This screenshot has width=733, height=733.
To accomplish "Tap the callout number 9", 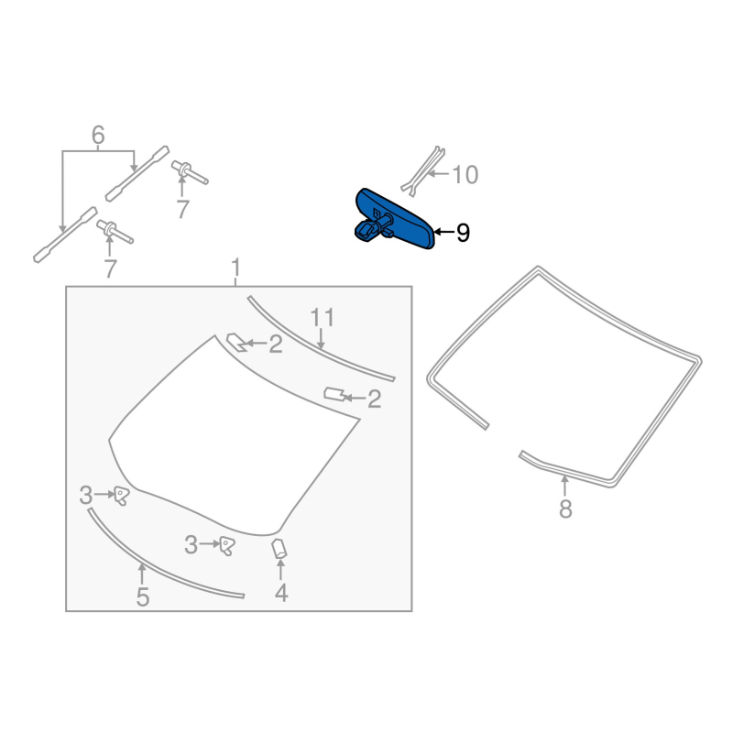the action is pos(463,233).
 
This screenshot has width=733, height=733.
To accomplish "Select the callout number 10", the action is pos(465,175).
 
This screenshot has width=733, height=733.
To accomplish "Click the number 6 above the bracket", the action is pos(98,135).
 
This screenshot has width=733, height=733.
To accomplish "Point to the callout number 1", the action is pos(235,268).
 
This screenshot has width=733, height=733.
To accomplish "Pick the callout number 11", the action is pos(323,318).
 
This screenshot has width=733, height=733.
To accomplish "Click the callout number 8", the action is pos(565,509).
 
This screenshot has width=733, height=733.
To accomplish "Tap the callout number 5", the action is pos(143,597).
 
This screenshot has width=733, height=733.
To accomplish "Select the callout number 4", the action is pos(281,593).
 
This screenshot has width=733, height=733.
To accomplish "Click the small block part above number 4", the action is pos(279,548).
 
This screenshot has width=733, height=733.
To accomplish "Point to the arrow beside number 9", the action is pos(443,232).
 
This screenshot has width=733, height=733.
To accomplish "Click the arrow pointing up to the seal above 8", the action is pos(564,486).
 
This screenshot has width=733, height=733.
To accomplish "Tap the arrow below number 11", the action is pos(322,339).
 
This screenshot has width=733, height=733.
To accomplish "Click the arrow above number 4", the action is pos(280,570).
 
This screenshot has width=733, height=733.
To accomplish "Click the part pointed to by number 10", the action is pos(423,170).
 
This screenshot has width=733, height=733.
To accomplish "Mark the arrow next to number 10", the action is pos(439,174).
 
